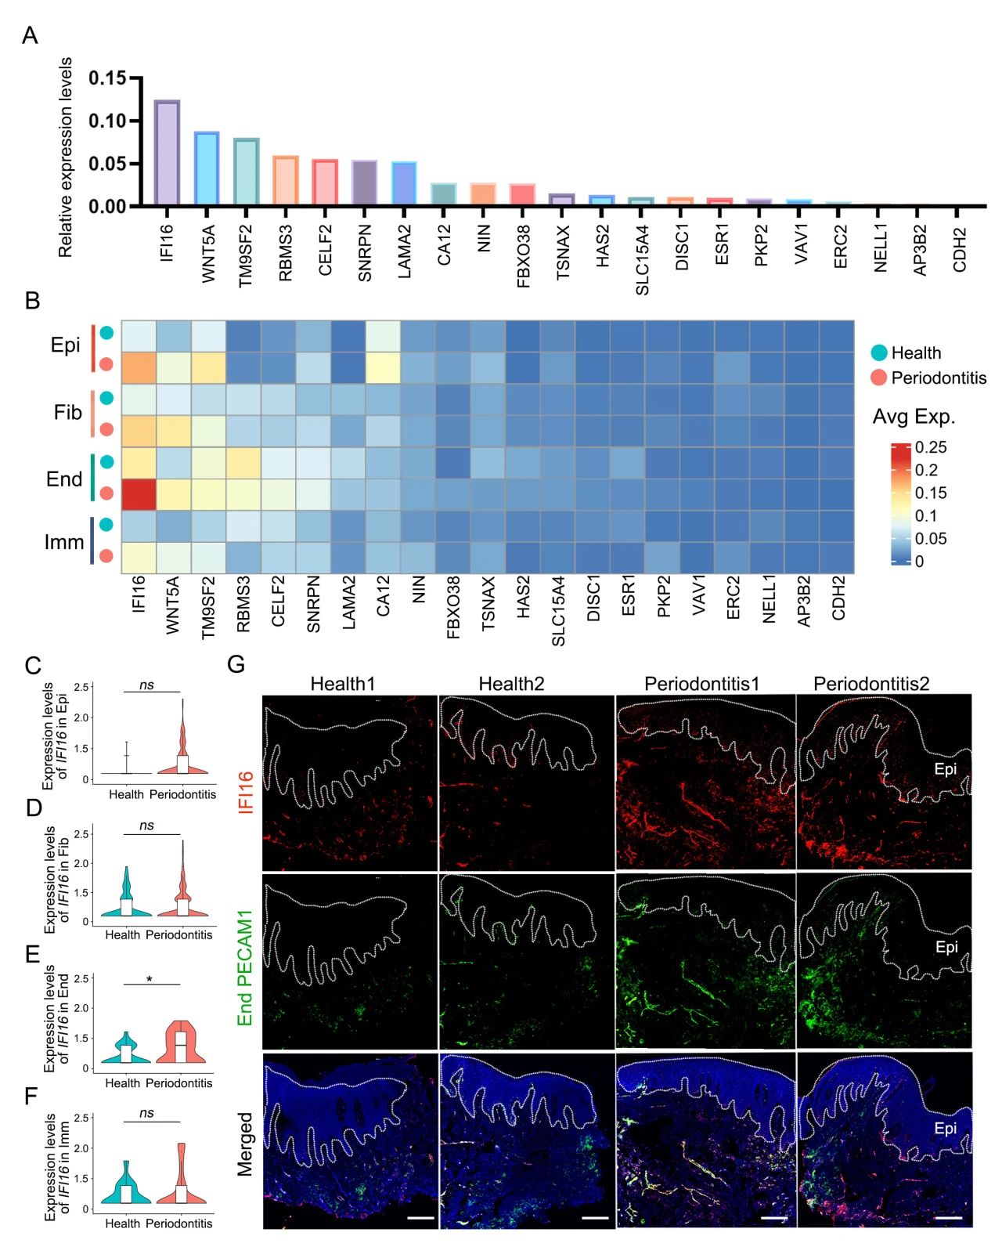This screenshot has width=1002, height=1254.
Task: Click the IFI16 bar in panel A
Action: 167,154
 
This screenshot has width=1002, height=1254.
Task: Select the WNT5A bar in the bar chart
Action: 207,169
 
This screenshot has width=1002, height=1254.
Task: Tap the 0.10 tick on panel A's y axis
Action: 107,121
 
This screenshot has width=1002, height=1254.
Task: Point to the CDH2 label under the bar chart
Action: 961,250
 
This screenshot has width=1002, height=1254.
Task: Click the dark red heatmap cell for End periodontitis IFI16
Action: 139,494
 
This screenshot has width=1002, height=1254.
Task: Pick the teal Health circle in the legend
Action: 880,352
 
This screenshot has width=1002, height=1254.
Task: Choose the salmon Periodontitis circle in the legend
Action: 880,378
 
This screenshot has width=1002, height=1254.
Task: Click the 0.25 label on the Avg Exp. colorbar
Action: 931,447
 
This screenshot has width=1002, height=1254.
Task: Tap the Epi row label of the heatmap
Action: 65,345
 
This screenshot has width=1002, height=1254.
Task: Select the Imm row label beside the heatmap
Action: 63,541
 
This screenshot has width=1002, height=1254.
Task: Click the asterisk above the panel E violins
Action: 149,980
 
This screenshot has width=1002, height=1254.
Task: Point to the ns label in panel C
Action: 146,685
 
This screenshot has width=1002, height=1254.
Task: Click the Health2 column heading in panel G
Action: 511,684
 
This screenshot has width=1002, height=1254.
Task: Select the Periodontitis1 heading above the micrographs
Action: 701,684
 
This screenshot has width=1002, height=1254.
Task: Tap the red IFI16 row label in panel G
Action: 246,792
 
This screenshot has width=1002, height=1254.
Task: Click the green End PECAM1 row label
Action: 246,967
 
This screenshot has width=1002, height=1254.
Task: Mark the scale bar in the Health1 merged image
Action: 420,1218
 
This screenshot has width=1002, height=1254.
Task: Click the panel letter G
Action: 236,664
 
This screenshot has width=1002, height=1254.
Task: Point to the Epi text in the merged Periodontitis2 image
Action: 946,1129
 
